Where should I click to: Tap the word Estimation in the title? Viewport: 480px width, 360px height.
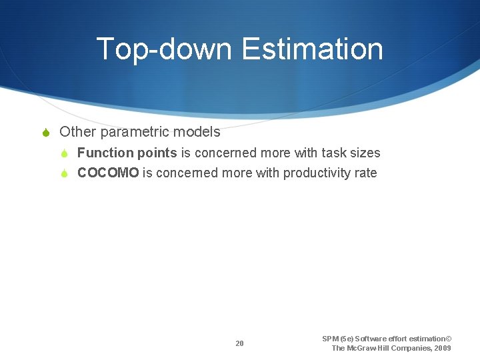[x=313, y=49]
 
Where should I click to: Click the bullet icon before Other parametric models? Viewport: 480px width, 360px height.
[x=46, y=133]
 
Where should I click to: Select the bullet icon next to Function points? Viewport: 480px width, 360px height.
[x=65, y=153]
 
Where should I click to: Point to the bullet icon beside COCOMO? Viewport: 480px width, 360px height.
[x=65, y=173]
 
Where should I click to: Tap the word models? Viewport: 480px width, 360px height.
[x=198, y=132]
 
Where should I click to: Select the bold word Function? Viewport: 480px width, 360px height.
[x=105, y=153]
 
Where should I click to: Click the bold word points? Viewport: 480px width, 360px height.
[x=157, y=153]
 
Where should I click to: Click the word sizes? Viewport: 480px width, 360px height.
[x=365, y=153]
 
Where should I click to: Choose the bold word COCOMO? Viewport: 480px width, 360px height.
[x=109, y=173]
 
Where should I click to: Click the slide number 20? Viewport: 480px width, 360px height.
[x=239, y=343]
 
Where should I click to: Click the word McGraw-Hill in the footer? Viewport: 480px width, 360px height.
[x=369, y=348]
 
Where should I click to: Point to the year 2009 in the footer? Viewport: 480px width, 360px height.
[x=441, y=348]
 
